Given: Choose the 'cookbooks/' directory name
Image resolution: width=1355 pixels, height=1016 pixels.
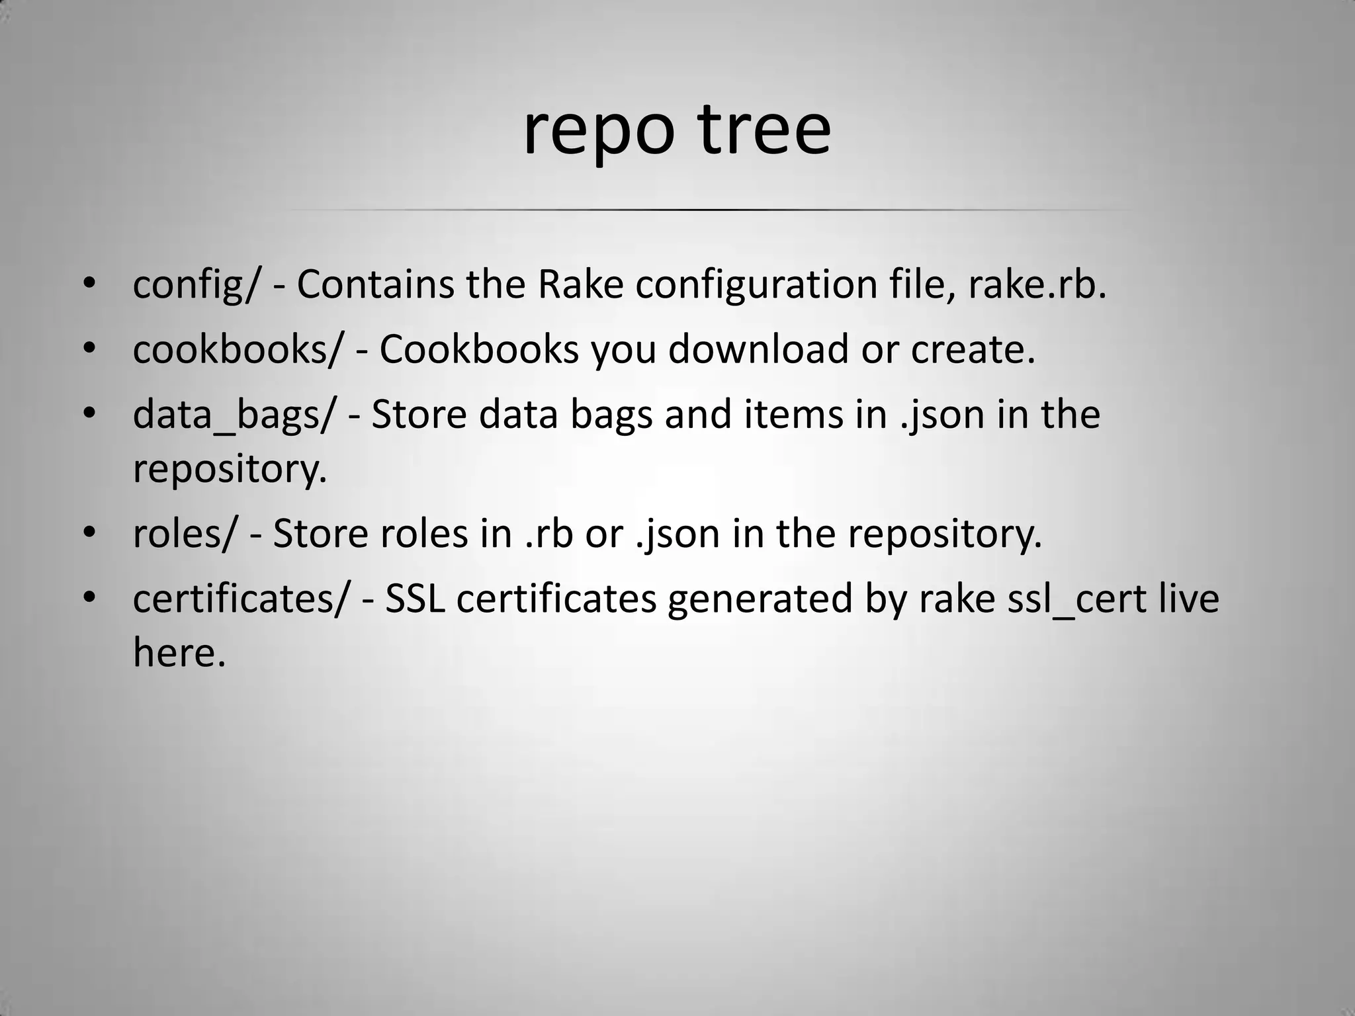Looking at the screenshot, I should coord(238,349).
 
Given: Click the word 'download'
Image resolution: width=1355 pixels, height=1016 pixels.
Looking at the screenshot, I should coord(758,349).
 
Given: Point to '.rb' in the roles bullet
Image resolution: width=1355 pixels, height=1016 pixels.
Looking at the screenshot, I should coord(548,534).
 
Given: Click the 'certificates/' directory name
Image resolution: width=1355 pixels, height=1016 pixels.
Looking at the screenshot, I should coord(239,599).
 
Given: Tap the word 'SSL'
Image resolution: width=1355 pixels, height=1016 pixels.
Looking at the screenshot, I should coord(415,599).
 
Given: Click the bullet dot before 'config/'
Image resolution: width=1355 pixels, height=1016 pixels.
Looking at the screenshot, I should coord(90,286).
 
